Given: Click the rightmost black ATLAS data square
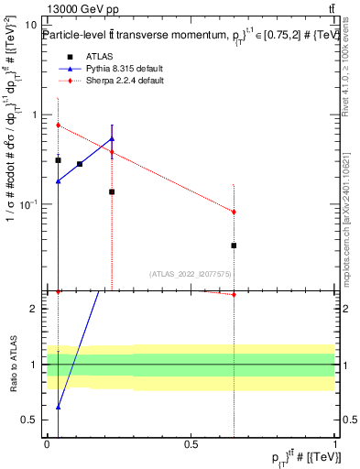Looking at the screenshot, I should [x=235, y=245].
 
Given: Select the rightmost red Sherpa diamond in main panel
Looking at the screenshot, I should [x=235, y=212].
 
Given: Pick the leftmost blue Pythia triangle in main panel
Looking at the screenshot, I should [x=59, y=181].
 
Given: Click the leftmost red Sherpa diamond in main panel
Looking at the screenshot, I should [x=59, y=125].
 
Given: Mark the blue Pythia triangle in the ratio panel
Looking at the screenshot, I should [x=59, y=407].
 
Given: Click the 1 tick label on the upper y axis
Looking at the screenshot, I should [x=37, y=115].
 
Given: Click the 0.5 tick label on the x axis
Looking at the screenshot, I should [x=191, y=444].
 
